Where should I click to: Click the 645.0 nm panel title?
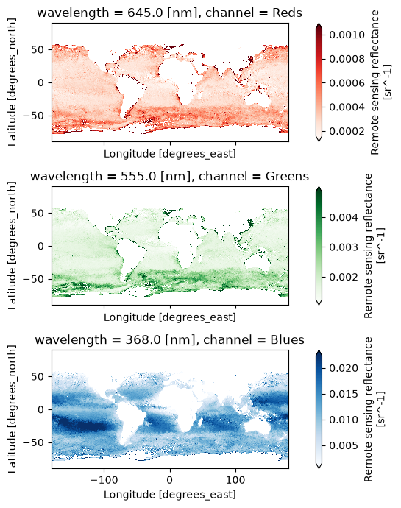coord(169,13)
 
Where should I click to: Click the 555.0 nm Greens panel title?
coord(169,176)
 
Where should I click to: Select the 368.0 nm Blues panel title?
coord(169,339)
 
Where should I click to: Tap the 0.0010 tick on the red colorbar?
coord(347,35)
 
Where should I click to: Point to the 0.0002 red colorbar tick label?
coord(347,131)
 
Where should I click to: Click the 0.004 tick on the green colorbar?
coord(344,217)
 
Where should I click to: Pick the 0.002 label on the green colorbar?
coord(344,277)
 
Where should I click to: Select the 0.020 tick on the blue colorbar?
coord(344,368)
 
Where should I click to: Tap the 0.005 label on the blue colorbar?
coord(344,445)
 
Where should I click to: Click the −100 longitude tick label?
coord(104,479)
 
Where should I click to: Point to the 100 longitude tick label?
coord(235,479)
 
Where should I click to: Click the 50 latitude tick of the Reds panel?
coord(38,49)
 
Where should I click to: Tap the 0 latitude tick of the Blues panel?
coord(40,409)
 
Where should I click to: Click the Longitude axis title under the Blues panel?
coord(170,495)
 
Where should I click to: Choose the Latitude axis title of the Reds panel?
coord(12,82)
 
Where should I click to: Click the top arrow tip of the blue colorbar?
coord(319,350)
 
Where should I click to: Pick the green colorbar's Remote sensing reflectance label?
coord(368,246)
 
